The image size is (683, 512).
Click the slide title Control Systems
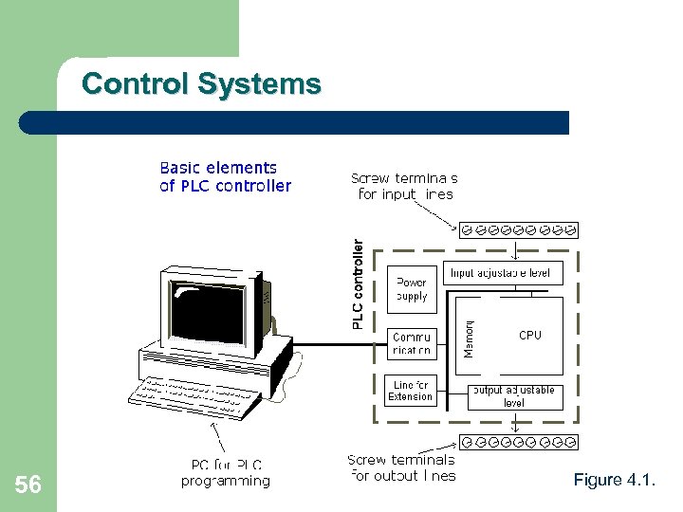click(x=201, y=84)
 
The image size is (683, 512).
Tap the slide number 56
click(x=28, y=485)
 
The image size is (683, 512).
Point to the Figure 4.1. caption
click(x=614, y=481)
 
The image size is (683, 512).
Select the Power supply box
click(x=413, y=288)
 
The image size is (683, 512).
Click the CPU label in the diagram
click(x=530, y=335)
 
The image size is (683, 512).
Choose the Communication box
click(x=413, y=343)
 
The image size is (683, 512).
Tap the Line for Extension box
click(x=411, y=391)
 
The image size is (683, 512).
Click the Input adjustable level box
click(x=500, y=273)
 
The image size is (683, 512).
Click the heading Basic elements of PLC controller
click(x=226, y=177)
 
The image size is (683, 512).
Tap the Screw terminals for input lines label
click(x=405, y=186)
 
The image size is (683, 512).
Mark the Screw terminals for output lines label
click(x=401, y=467)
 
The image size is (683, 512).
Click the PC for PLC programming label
click(x=226, y=472)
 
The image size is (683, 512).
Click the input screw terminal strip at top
click(x=518, y=229)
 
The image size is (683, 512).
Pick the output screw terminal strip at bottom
click(x=518, y=442)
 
